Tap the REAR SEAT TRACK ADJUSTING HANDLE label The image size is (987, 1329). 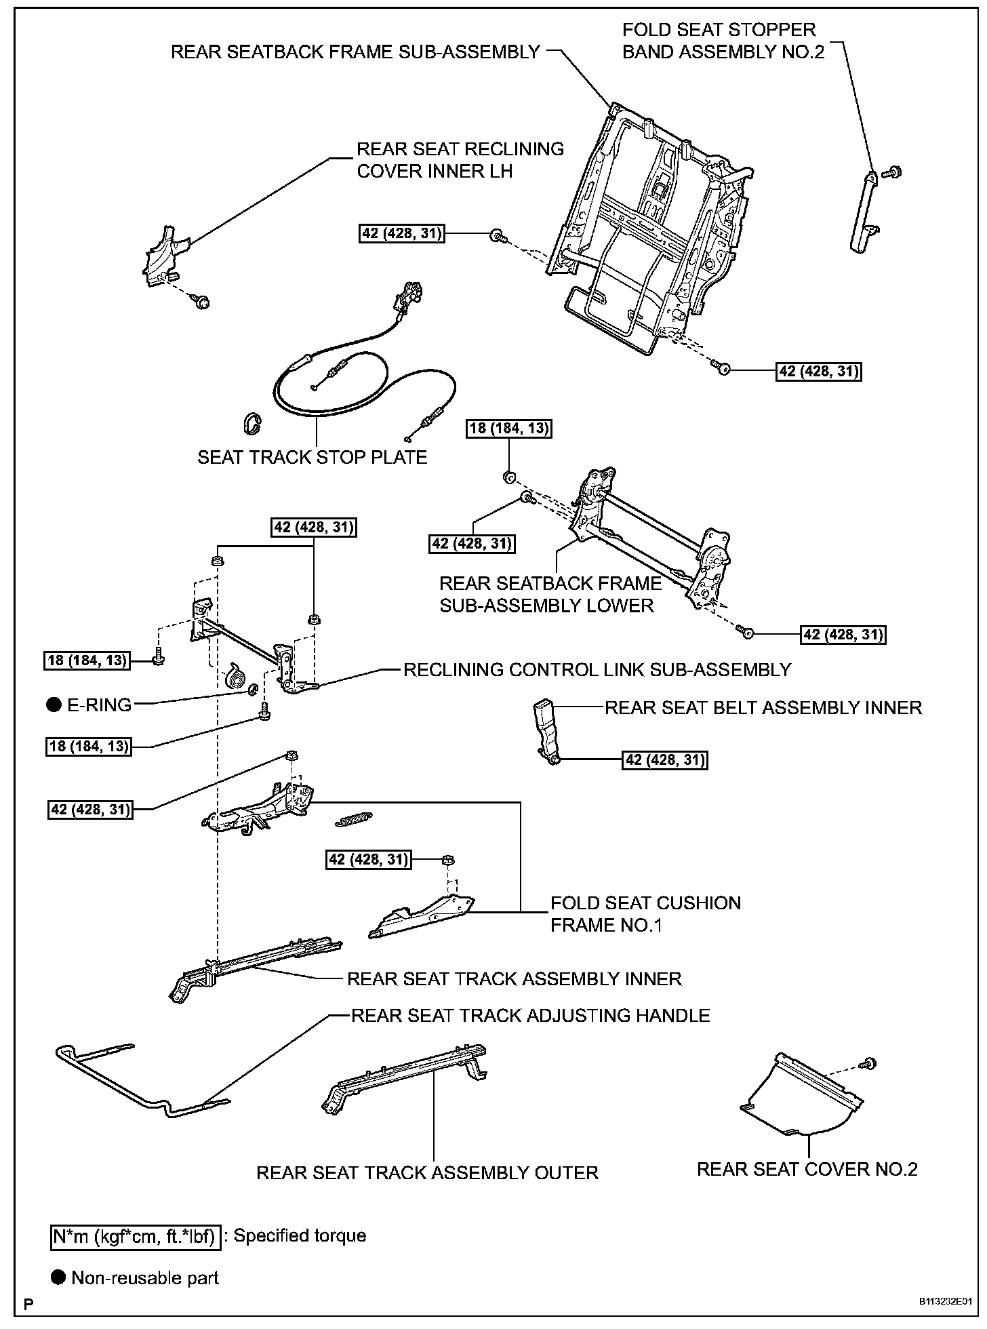point(530,1015)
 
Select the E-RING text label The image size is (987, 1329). point(99,705)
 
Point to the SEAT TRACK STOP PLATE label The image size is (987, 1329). point(312,457)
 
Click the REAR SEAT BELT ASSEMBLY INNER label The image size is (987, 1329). point(763,708)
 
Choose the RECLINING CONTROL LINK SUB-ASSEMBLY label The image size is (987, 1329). point(597,670)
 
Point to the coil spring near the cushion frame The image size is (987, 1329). point(353,820)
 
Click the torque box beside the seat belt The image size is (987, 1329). point(665,760)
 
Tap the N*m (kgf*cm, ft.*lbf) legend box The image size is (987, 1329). point(135,1235)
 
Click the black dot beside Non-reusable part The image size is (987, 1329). point(59,1278)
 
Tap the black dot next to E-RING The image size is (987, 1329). point(54,705)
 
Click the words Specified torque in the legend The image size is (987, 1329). point(300,1235)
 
